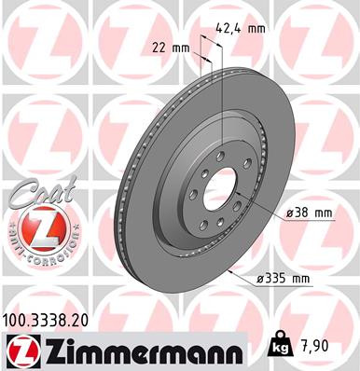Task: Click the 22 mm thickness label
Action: [x=167, y=46]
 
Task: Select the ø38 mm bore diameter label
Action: [x=310, y=213]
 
